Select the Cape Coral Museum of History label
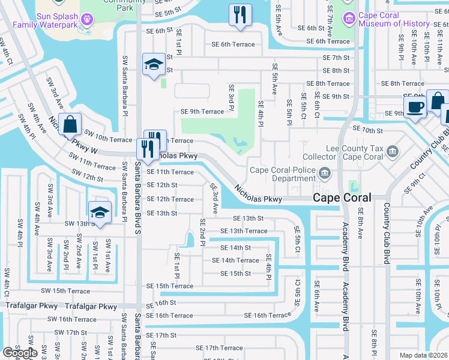(x=394, y=19)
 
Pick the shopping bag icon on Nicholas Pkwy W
(x=70, y=124)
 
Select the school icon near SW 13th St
(x=100, y=212)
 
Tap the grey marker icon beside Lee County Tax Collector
(x=393, y=150)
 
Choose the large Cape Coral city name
(x=342, y=197)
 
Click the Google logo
(x=20, y=353)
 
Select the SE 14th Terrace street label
(x=240, y=260)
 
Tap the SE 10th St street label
(x=367, y=130)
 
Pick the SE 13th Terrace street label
(x=244, y=231)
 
